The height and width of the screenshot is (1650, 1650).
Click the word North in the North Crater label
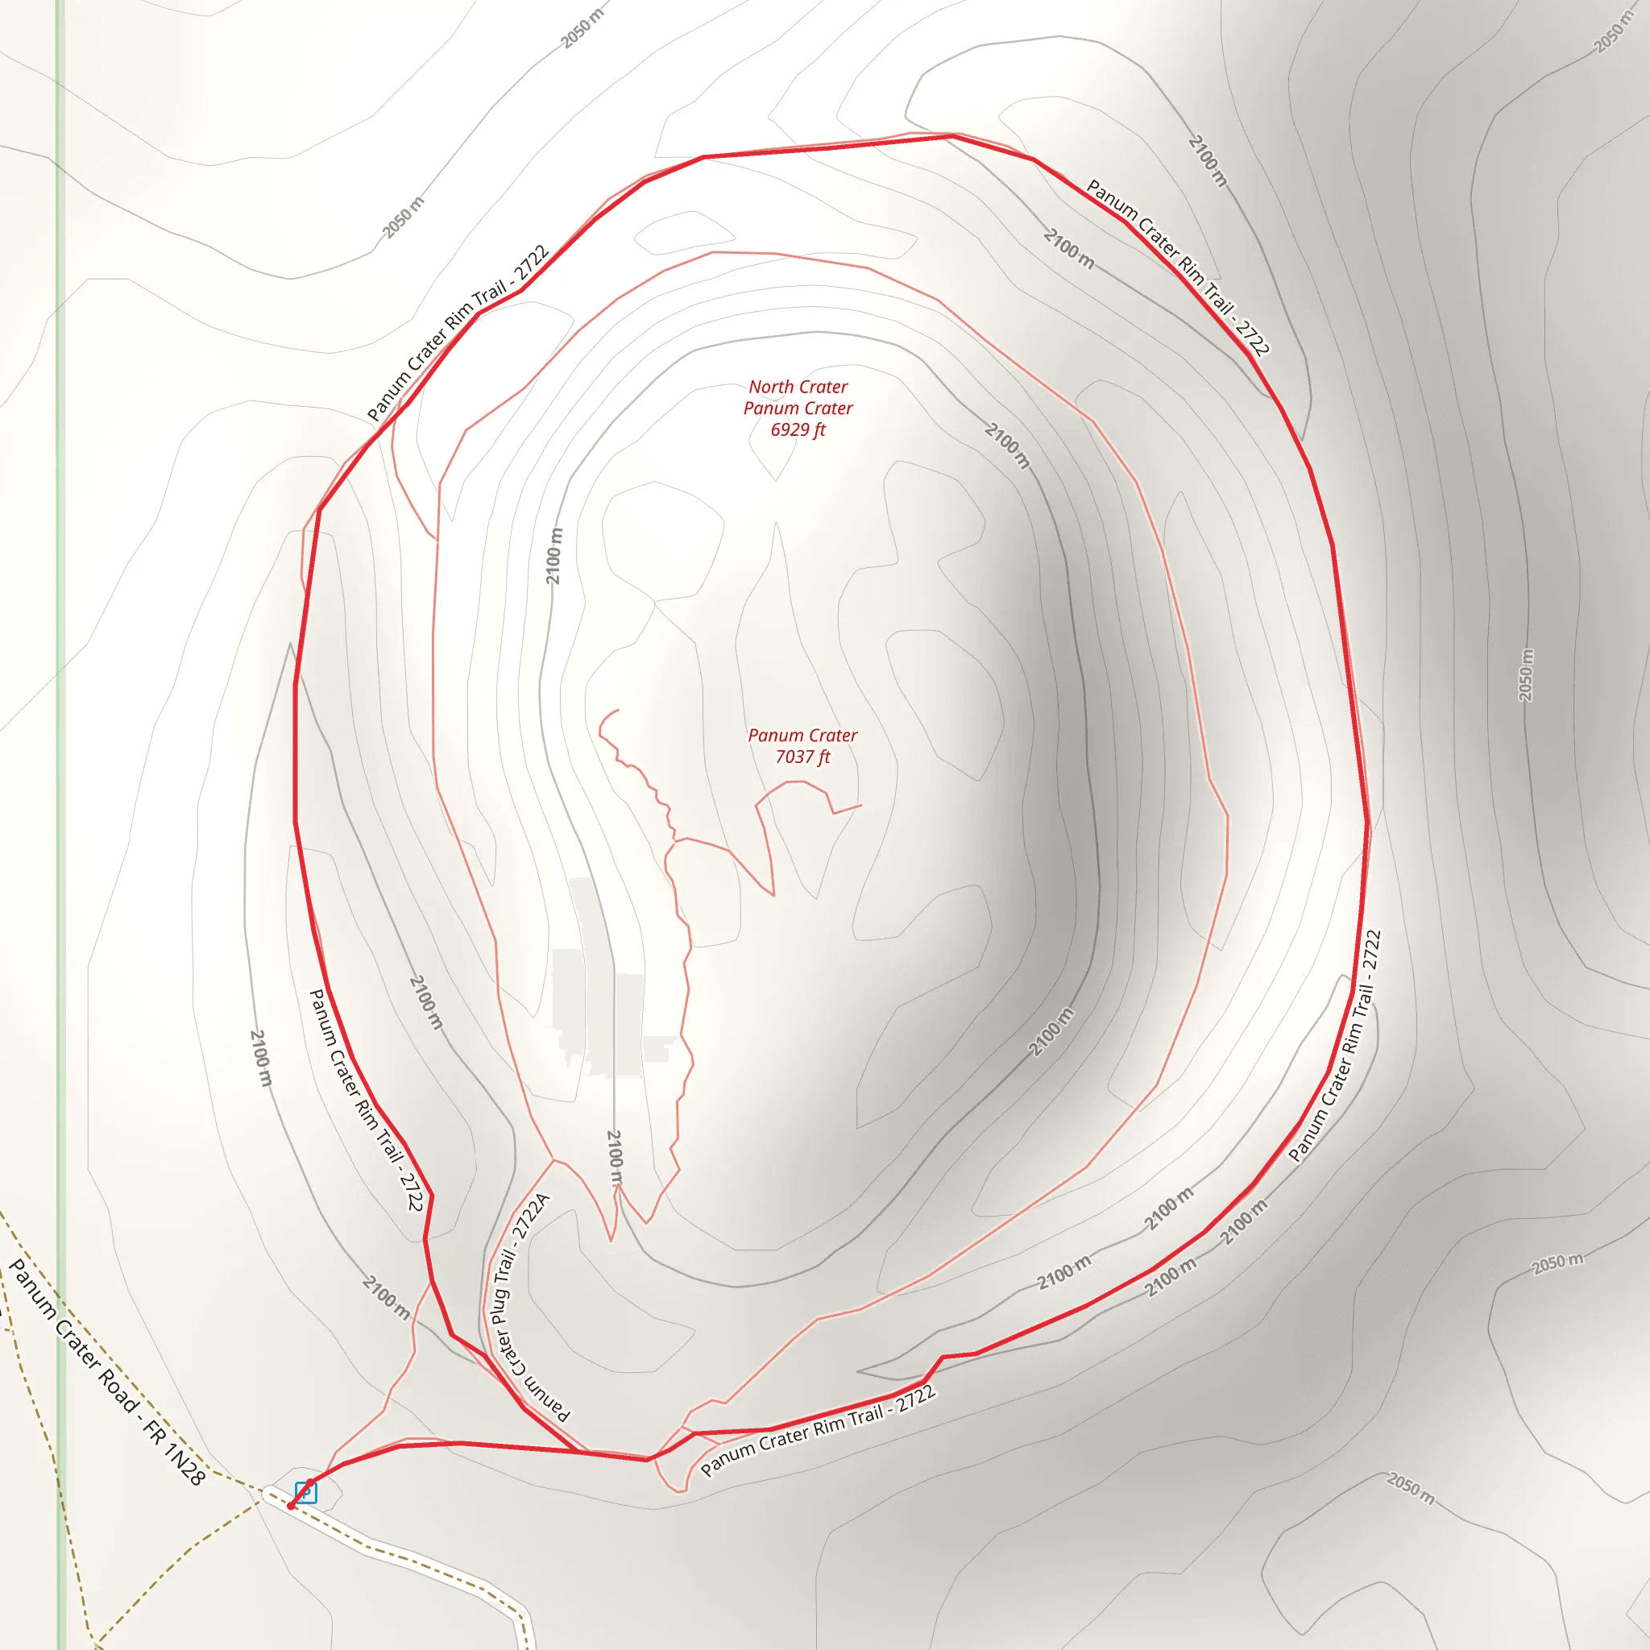[x=771, y=387]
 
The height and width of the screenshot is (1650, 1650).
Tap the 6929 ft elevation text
[x=798, y=429]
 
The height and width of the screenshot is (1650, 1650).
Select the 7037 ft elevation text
[x=802, y=757]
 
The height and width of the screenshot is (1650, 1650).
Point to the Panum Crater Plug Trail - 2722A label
[x=522, y=1306]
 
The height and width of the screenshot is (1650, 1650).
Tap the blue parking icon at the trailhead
[x=305, y=1492]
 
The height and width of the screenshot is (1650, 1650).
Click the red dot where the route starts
[x=290, y=1506]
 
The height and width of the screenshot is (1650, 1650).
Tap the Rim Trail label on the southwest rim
[x=366, y=1100]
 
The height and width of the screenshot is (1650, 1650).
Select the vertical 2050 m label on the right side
[x=1526, y=674]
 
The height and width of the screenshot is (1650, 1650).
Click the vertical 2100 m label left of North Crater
[x=555, y=556]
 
